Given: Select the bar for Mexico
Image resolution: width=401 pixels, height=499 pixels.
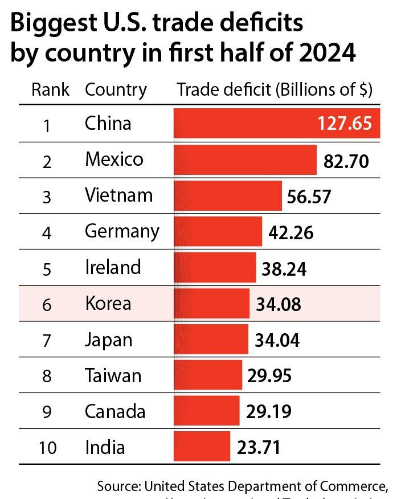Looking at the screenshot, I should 245,159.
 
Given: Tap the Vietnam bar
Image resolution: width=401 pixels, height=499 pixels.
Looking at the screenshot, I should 227,195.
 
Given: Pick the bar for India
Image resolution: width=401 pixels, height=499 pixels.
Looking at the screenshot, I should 202,447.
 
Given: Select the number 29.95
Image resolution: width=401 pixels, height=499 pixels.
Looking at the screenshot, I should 271,376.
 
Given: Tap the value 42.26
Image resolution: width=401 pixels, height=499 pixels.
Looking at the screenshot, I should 290,232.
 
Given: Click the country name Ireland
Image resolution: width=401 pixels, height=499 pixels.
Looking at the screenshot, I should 113,267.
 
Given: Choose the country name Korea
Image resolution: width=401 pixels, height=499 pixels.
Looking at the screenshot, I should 108,303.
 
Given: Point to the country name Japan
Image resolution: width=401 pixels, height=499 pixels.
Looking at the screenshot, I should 108,340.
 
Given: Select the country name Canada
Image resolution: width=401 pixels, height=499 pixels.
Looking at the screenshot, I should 114,411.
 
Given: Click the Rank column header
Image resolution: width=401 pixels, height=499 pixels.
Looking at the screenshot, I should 51,90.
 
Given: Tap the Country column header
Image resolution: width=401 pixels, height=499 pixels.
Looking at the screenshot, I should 116,90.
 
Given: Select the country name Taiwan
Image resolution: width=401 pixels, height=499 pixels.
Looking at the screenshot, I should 113,376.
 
